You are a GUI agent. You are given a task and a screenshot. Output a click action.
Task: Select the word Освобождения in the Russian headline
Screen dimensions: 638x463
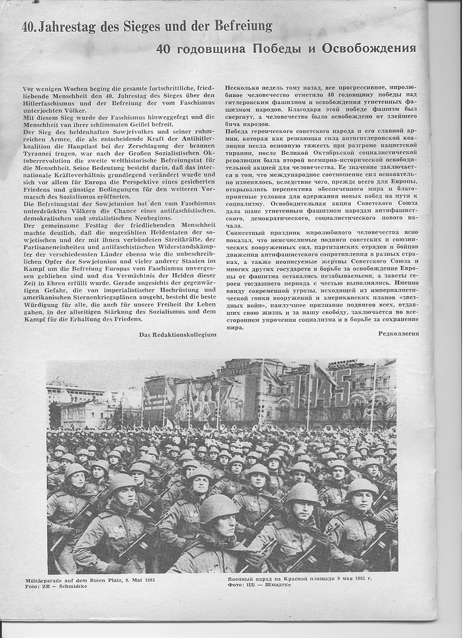(369, 49)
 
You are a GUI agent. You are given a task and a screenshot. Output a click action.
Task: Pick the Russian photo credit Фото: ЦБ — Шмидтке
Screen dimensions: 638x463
(259, 585)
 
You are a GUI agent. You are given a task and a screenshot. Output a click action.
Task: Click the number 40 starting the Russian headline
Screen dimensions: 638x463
(164, 49)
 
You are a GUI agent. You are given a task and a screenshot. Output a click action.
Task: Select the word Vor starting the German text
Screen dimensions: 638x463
(29, 88)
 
